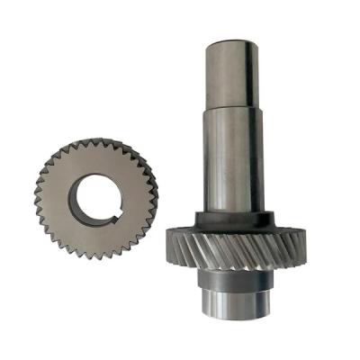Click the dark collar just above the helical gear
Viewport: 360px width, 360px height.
click(231, 219)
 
